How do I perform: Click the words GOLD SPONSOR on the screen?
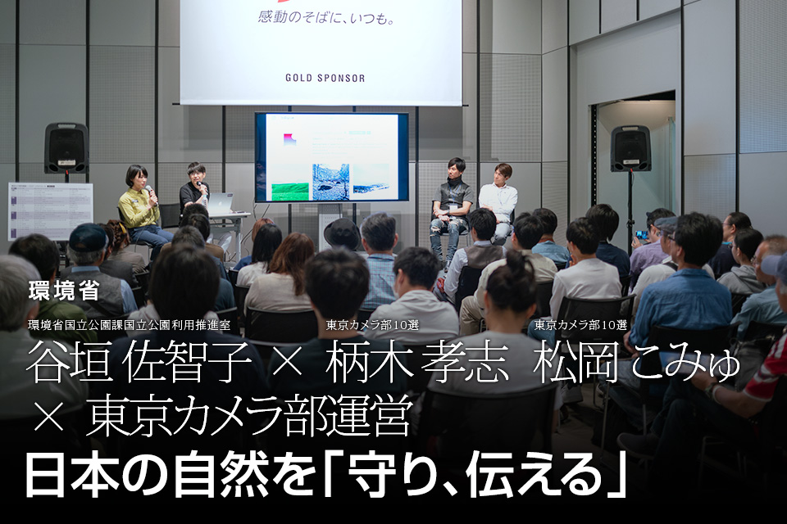click(325, 78)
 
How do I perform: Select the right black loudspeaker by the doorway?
click(630, 147)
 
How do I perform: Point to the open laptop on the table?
click(222, 204)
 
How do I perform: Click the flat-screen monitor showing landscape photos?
click(331, 157)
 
